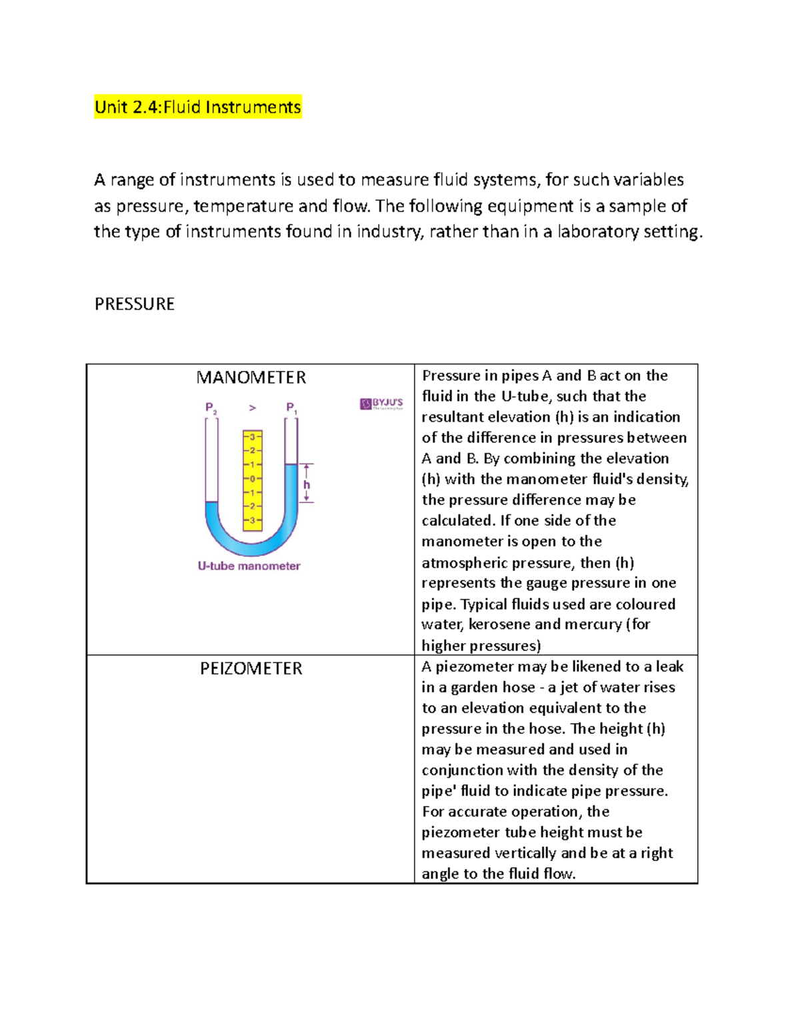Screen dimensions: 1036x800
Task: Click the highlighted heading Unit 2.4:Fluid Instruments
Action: point(198,107)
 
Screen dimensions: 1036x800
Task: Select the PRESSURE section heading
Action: point(134,304)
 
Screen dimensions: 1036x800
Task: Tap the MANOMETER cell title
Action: point(251,378)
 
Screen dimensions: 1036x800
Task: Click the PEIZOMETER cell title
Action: point(251,668)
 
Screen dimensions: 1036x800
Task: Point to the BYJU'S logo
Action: point(381,404)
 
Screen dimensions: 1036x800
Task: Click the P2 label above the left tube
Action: point(211,408)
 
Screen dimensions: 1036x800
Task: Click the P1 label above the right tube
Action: point(291,408)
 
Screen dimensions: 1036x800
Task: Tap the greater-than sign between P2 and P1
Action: point(252,408)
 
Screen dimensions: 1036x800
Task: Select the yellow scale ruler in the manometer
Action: point(253,480)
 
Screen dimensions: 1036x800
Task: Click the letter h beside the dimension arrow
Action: point(307,485)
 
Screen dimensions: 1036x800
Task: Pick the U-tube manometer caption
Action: point(249,566)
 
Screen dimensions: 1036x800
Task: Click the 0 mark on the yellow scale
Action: point(253,478)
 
